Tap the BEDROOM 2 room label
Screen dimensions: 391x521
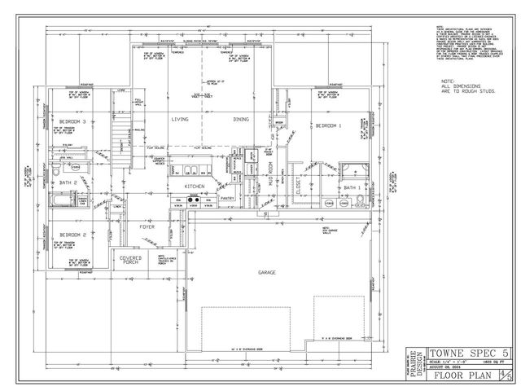[x=73, y=235]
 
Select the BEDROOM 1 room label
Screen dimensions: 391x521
[x=328, y=125]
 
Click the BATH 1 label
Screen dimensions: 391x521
[x=352, y=188]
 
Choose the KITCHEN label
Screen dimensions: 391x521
[x=194, y=187]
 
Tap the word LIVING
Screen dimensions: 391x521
[x=180, y=120]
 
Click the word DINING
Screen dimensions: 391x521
[x=241, y=120]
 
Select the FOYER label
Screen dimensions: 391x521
[x=147, y=226]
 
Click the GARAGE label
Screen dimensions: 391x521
[x=267, y=272]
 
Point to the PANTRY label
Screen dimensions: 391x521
[x=228, y=197]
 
